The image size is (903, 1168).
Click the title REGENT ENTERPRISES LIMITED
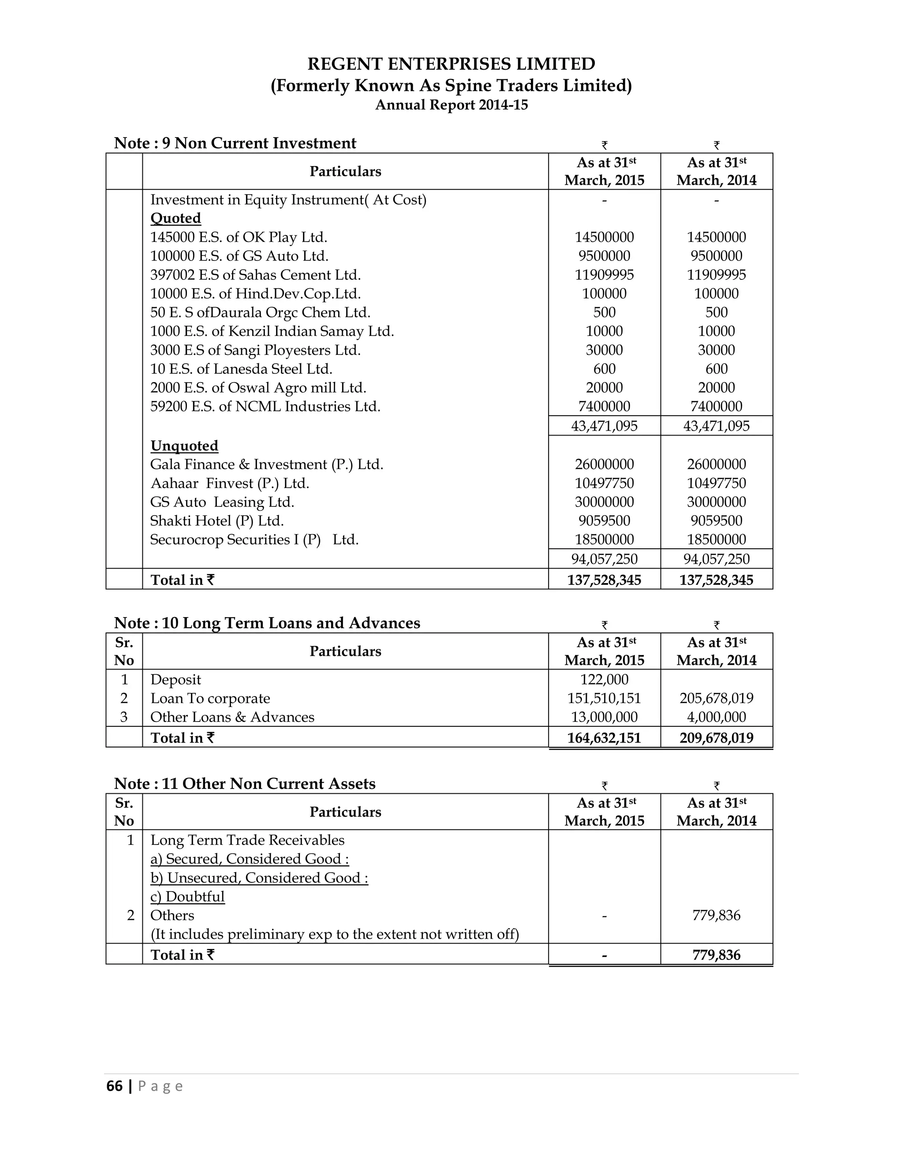point(451,64)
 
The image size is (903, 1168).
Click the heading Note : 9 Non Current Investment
point(235,143)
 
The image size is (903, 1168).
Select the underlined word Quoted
point(175,218)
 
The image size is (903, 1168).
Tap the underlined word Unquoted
point(184,446)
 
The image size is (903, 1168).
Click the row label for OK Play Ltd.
point(239,237)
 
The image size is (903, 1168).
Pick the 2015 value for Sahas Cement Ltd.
point(604,275)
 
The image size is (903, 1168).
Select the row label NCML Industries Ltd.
point(265,406)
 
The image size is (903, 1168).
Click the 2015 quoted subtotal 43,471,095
point(604,426)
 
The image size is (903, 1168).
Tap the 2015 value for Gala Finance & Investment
point(604,464)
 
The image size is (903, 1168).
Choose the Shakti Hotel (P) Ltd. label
point(216,521)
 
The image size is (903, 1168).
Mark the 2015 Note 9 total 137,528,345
point(604,580)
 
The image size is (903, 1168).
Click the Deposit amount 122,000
point(604,680)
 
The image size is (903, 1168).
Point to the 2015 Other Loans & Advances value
point(604,717)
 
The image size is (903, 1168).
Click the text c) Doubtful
point(187,897)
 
